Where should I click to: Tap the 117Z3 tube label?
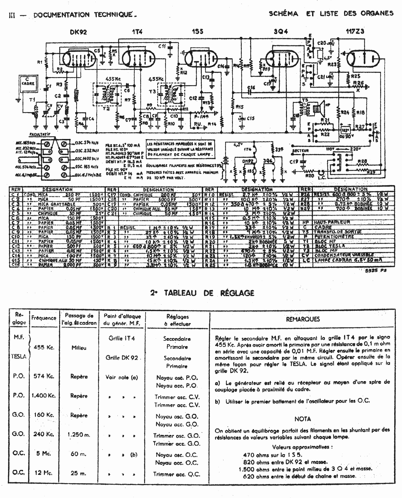(355, 31)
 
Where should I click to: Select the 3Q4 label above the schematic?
(281, 32)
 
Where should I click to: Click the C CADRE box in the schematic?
(27, 82)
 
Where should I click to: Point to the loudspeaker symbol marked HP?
(318, 109)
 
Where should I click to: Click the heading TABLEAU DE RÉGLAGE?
(202, 293)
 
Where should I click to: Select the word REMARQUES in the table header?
(303, 319)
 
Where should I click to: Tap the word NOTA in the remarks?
(303, 419)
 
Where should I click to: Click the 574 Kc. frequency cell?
(44, 376)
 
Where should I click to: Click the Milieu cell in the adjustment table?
(79, 348)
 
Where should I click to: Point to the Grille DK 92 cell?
(122, 358)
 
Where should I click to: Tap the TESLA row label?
(19, 356)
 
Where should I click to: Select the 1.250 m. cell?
(79, 435)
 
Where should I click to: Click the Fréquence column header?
(44, 318)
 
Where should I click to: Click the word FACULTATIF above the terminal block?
(39, 135)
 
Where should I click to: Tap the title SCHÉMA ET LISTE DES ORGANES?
(331, 13)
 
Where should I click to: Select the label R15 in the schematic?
(239, 106)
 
